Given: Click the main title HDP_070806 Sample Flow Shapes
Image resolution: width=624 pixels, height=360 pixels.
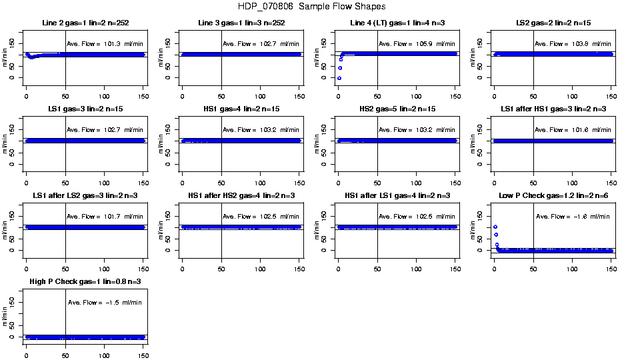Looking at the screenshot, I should [311, 7].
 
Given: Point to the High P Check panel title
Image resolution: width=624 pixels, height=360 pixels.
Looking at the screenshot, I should [85, 282].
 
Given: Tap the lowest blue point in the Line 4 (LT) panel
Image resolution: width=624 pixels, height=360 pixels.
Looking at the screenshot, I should [339, 78].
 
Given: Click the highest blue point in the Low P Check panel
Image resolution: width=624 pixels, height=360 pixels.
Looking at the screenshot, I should [495, 227].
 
